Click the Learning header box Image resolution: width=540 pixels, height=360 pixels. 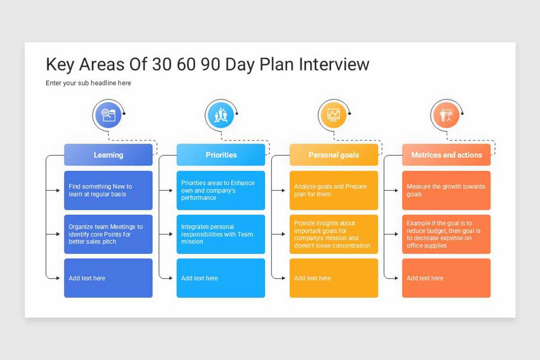(x=108, y=155)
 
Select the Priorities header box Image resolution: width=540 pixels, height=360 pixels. (x=220, y=155)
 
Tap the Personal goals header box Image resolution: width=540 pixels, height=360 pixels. (x=333, y=155)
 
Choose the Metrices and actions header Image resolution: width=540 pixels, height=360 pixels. (x=446, y=155)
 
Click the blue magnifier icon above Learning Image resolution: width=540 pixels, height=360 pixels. (x=108, y=115)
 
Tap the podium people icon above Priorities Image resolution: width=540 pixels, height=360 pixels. (x=220, y=115)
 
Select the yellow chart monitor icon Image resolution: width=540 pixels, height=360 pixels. (x=333, y=115)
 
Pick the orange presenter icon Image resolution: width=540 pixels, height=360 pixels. (x=446, y=115)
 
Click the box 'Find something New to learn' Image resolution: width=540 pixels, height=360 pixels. (x=108, y=190)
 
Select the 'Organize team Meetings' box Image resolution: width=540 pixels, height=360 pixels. (x=108, y=234)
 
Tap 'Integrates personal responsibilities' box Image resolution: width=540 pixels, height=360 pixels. (x=220, y=234)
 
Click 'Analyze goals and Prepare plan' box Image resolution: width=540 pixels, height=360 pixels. (x=333, y=190)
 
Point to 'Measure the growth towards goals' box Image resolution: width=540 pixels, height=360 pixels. (x=446, y=190)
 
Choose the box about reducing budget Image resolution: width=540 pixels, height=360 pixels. (x=446, y=234)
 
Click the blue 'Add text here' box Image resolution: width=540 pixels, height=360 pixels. (x=108, y=278)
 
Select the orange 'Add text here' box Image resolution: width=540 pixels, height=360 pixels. (x=446, y=278)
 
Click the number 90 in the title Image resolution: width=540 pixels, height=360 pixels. (x=211, y=65)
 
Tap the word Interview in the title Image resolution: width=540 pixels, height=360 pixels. (x=334, y=65)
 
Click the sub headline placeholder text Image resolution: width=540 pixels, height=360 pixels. (x=88, y=83)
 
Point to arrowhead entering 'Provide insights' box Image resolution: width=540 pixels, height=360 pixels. (x=283, y=234)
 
